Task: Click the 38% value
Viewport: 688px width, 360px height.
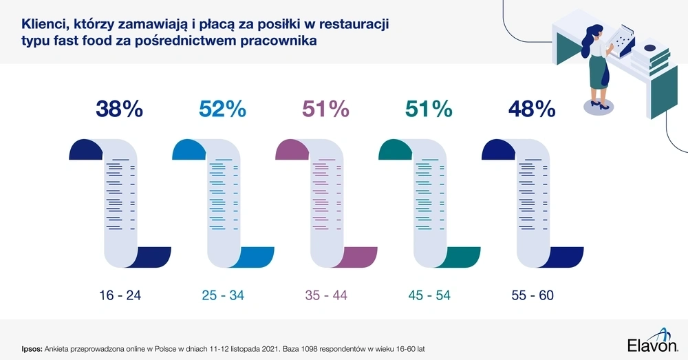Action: coord(119,109)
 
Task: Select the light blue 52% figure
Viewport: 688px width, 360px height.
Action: coord(222,109)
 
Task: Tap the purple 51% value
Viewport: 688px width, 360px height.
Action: coord(326,109)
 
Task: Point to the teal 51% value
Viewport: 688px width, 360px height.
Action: coord(429,109)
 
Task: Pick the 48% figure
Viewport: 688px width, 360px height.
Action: coord(531,109)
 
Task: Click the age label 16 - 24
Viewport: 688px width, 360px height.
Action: coord(120,296)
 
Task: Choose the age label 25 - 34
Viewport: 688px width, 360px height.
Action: coord(223,296)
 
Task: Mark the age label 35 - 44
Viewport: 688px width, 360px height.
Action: coord(326,296)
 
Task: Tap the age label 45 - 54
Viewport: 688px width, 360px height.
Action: coord(429,296)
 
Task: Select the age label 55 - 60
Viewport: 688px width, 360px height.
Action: coord(533,296)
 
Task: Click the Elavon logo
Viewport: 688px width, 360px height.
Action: coord(653,343)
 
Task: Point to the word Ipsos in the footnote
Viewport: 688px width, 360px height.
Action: coord(32,349)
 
